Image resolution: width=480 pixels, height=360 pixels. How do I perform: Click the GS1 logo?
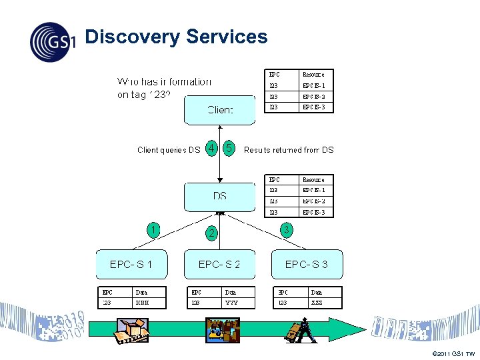tap(53, 41)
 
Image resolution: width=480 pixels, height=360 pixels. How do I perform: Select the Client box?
tap(219, 110)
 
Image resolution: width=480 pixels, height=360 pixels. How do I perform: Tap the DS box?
tap(219, 196)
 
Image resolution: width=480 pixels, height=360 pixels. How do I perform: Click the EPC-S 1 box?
tap(131, 265)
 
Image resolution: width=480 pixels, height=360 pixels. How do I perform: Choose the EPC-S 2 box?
tap(219, 265)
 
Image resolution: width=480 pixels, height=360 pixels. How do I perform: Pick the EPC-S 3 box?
tap(306, 265)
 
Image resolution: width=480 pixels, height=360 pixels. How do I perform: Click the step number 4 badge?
tap(211, 149)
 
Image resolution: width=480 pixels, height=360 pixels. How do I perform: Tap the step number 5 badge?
tap(229, 149)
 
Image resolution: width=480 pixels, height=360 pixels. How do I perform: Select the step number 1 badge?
tap(153, 230)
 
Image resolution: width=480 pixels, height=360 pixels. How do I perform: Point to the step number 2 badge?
tap(211, 233)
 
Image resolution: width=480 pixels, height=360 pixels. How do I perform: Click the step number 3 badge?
tap(286, 230)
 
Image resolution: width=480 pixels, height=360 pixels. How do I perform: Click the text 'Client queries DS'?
tap(168, 150)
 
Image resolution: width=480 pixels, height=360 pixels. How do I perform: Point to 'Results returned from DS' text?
tap(289, 150)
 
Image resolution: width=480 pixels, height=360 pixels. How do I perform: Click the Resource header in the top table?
tap(313, 75)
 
